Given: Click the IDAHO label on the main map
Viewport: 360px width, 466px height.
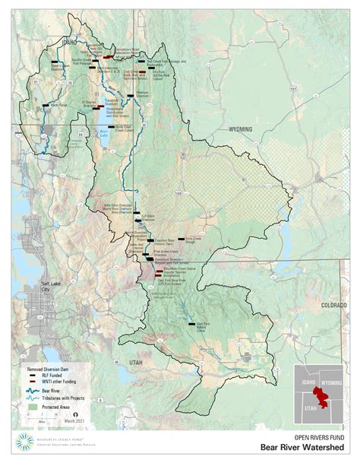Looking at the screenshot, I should click(71, 43).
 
